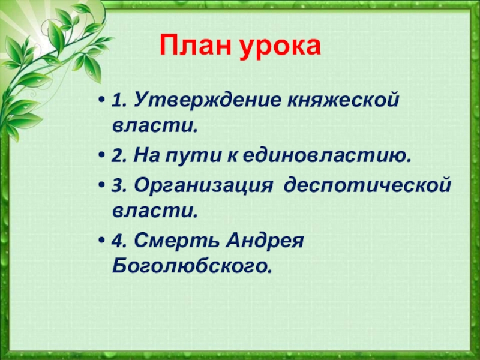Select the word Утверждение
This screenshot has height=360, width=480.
(207, 100)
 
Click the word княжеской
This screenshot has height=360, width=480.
(343, 100)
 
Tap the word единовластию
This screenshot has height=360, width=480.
(326, 156)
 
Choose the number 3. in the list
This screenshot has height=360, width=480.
(120, 186)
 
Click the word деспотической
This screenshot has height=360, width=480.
(367, 185)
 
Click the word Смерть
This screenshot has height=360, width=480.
(176, 241)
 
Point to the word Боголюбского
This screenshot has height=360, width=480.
(192, 266)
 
